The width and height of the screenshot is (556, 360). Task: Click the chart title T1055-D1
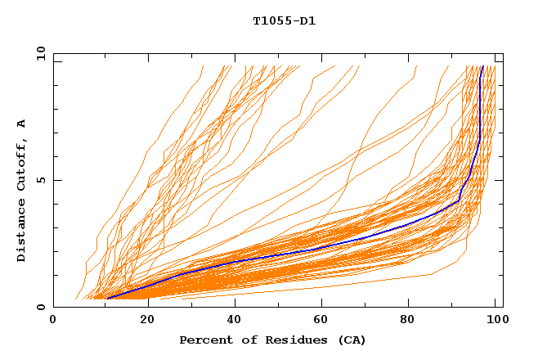coord(284,21)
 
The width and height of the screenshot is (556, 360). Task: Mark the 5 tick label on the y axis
coord(40,180)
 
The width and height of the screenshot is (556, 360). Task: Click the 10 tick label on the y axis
coord(38,53)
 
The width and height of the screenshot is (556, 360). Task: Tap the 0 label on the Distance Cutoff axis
coord(40,307)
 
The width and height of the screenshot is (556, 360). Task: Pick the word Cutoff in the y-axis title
coord(21,168)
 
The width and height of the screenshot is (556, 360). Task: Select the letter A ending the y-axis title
coord(21,124)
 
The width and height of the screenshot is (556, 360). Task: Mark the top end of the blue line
coord(482,66)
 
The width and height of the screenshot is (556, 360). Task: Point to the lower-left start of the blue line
coord(106,299)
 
